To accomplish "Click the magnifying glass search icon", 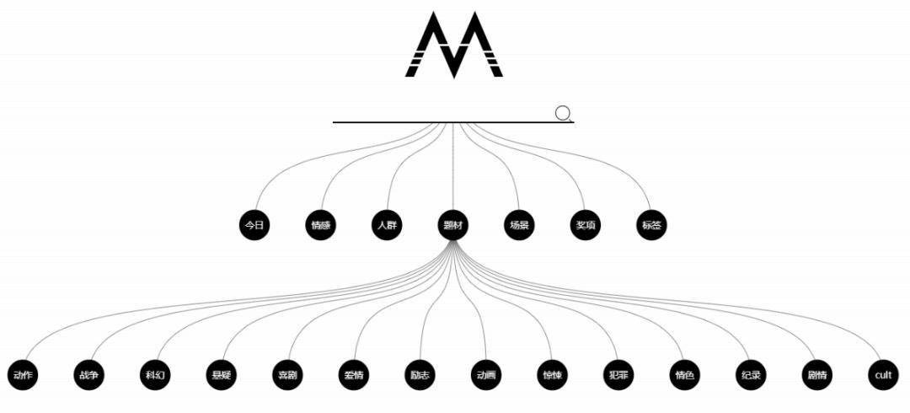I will (x=564, y=114).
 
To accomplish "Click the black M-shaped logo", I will (x=455, y=45).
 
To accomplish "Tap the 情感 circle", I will (x=321, y=225).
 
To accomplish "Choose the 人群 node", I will (x=388, y=225).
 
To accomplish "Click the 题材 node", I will (x=454, y=225).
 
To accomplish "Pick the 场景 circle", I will (x=520, y=225).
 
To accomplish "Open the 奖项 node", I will (x=586, y=225).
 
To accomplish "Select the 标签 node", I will (x=653, y=225).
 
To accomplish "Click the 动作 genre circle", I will (x=23, y=375).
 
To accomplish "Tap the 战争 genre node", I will (x=89, y=375).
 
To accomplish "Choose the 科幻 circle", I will (x=155, y=375).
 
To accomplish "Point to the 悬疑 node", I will (x=222, y=375).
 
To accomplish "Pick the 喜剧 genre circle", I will (x=287, y=375).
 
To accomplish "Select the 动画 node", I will (x=486, y=375).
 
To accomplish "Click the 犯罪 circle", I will (x=618, y=375).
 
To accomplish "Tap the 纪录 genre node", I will (x=751, y=375).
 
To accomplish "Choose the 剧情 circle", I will (x=816, y=375).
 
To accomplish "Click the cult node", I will (x=883, y=375).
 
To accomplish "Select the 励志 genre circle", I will (x=420, y=375).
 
